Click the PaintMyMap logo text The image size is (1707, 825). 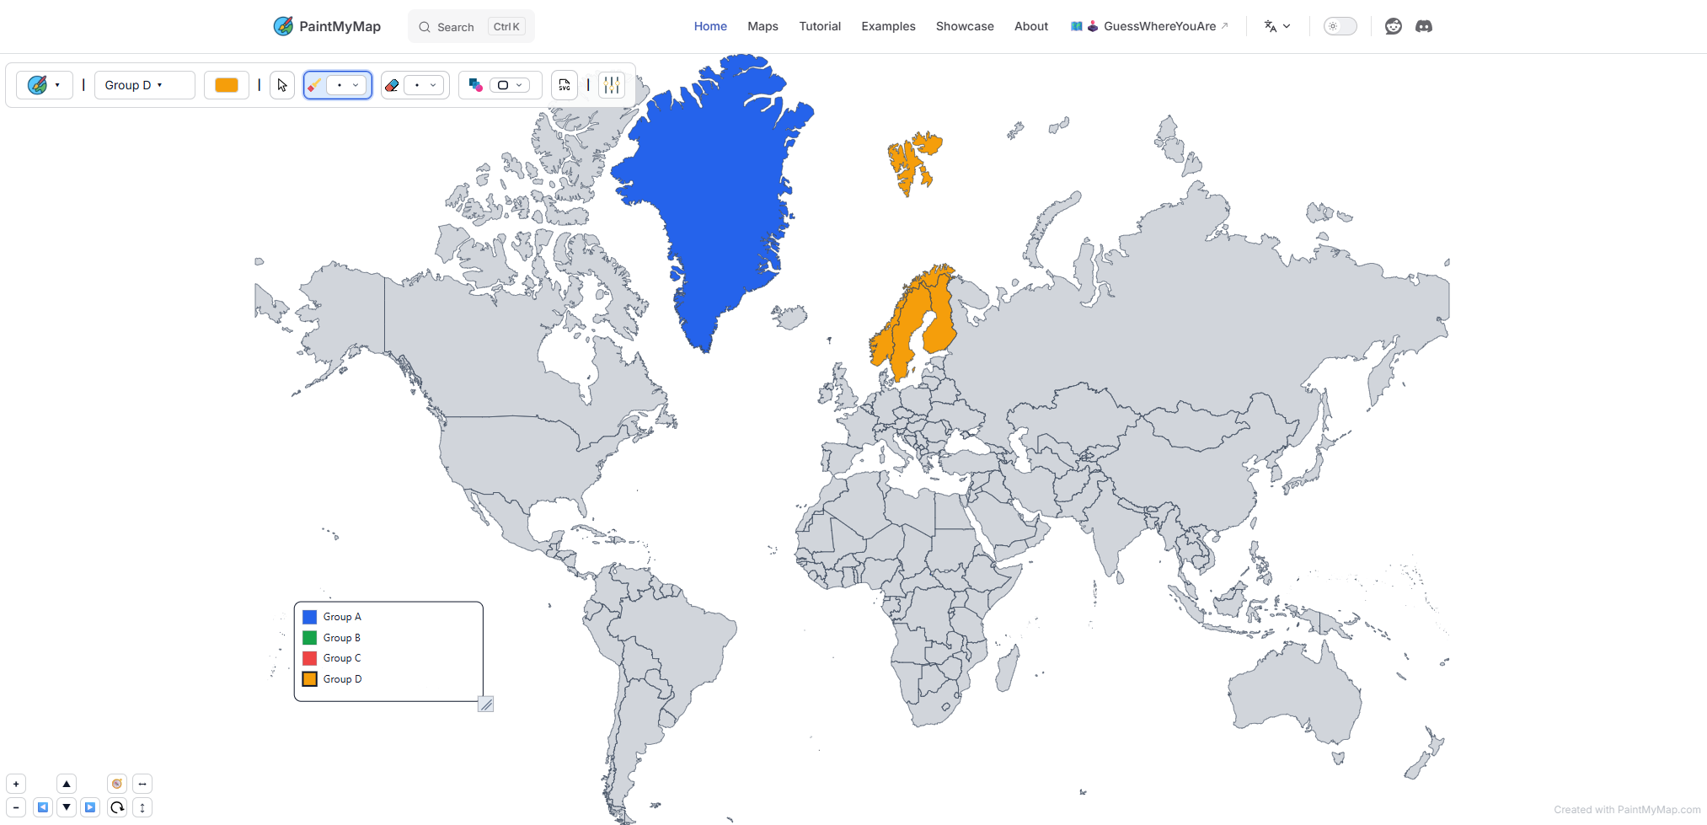click(339, 26)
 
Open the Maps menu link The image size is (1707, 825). click(763, 26)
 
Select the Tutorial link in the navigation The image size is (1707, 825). click(820, 26)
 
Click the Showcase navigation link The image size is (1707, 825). click(964, 26)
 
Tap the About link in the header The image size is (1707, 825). click(1030, 26)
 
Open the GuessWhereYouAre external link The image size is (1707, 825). click(1159, 26)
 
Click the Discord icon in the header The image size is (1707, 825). click(1423, 26)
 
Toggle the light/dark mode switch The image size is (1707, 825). click(1340, 26)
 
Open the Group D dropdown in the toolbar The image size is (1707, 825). click(133, 85)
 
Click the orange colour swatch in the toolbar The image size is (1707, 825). click(226, 85)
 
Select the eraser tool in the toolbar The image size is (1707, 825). click(392, 85)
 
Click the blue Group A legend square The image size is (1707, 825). click(310, 617)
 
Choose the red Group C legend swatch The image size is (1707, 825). click(310, 658)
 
